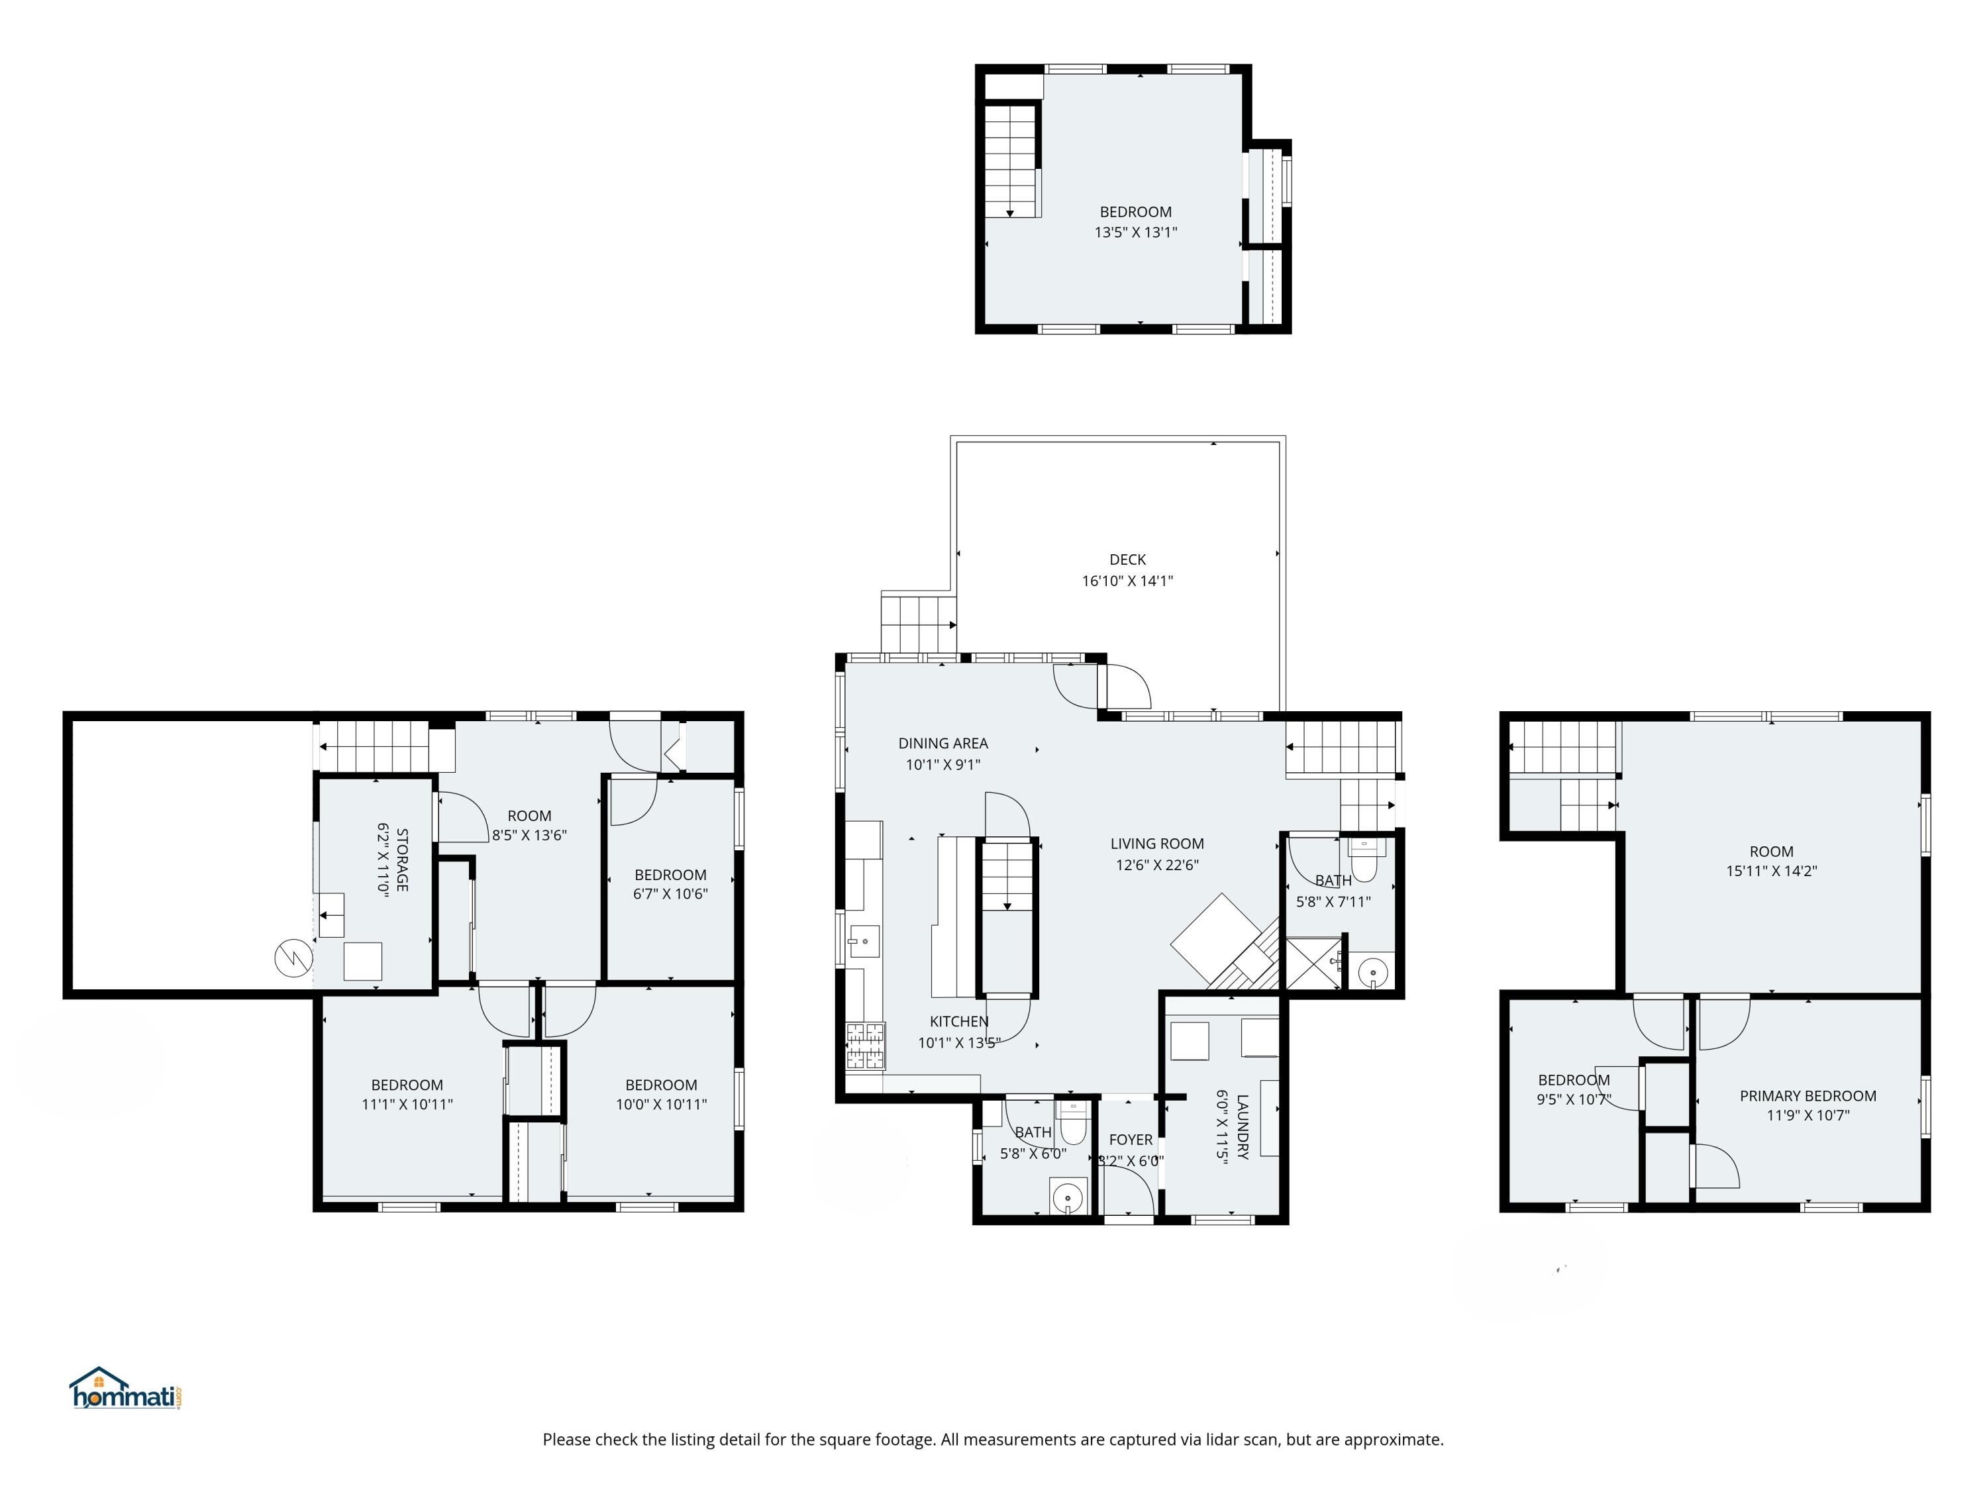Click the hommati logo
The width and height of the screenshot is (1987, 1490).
click(126, 1389)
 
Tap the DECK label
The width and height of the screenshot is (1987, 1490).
click(1127, 560)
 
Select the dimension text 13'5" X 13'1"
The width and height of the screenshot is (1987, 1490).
click(1135, 232)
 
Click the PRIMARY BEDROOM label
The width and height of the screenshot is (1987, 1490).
click(1808, 1096)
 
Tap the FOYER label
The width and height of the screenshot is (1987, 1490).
click(1130, 1140)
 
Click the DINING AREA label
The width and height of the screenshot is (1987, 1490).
click(943, 744)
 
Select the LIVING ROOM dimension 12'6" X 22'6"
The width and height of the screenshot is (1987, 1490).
click(1157, 865)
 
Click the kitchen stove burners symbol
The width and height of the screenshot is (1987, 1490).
click(865, 1046)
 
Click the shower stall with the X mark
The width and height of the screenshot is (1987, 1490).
click(1313, 964)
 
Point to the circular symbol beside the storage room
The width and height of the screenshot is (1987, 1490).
click(292, 958)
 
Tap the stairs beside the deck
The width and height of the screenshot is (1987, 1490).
click(917, 623)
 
